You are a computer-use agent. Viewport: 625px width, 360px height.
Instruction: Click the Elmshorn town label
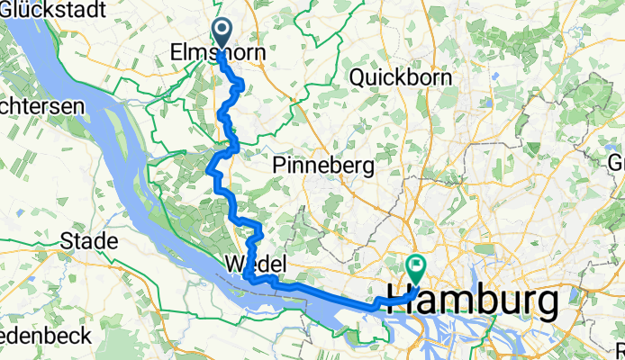pyautogui.click(x=218, y=55)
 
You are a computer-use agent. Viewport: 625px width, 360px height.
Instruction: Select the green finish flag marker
pyautogui.click(x=416, y=267)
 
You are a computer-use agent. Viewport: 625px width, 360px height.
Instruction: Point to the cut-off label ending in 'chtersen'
pyautogui.click(x=41, y=105)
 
